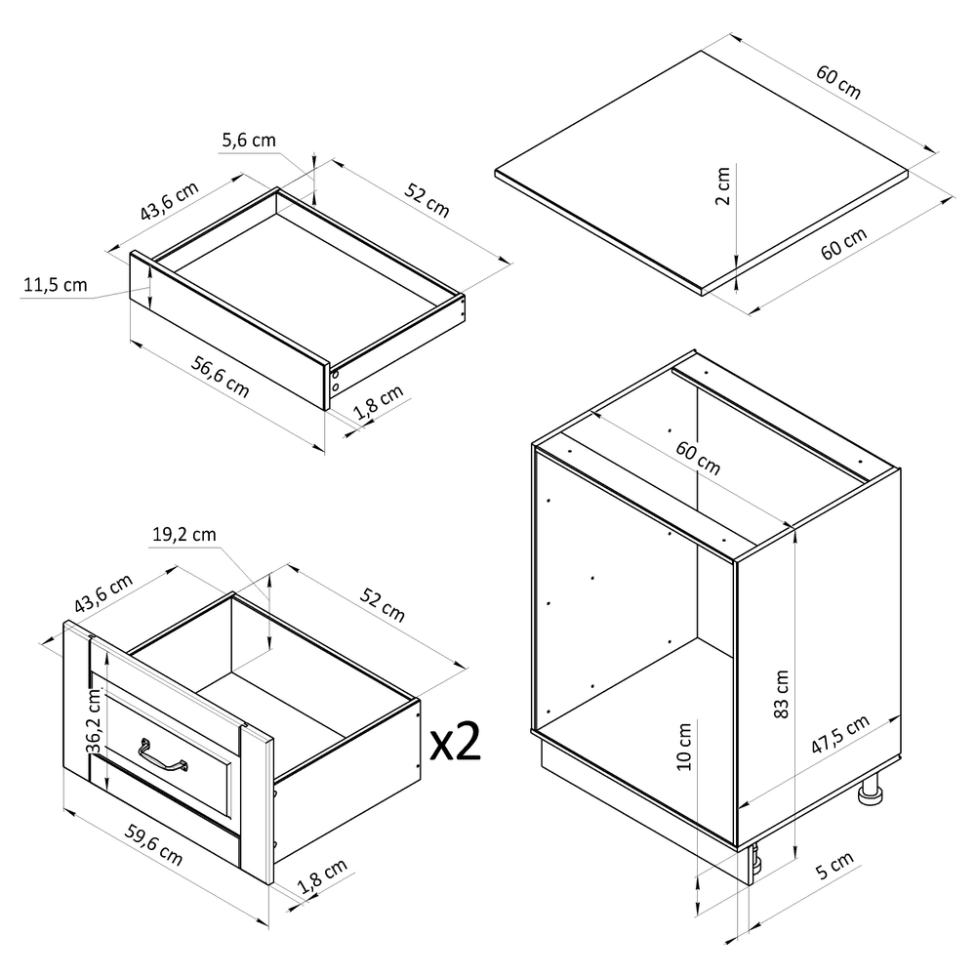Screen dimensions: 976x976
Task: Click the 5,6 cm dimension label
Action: pos(249,141)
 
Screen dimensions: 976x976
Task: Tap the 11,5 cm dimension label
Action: pos(56,285)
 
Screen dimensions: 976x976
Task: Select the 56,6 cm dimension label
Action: pos(221,377)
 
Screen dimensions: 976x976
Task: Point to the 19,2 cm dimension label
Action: pos(184,535)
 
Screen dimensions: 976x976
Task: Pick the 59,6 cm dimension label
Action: pos(154,844)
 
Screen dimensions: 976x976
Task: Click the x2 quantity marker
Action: pos(456,742)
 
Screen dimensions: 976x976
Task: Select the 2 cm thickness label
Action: pos(722,185)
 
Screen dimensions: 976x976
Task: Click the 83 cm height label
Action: pos(781,693)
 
